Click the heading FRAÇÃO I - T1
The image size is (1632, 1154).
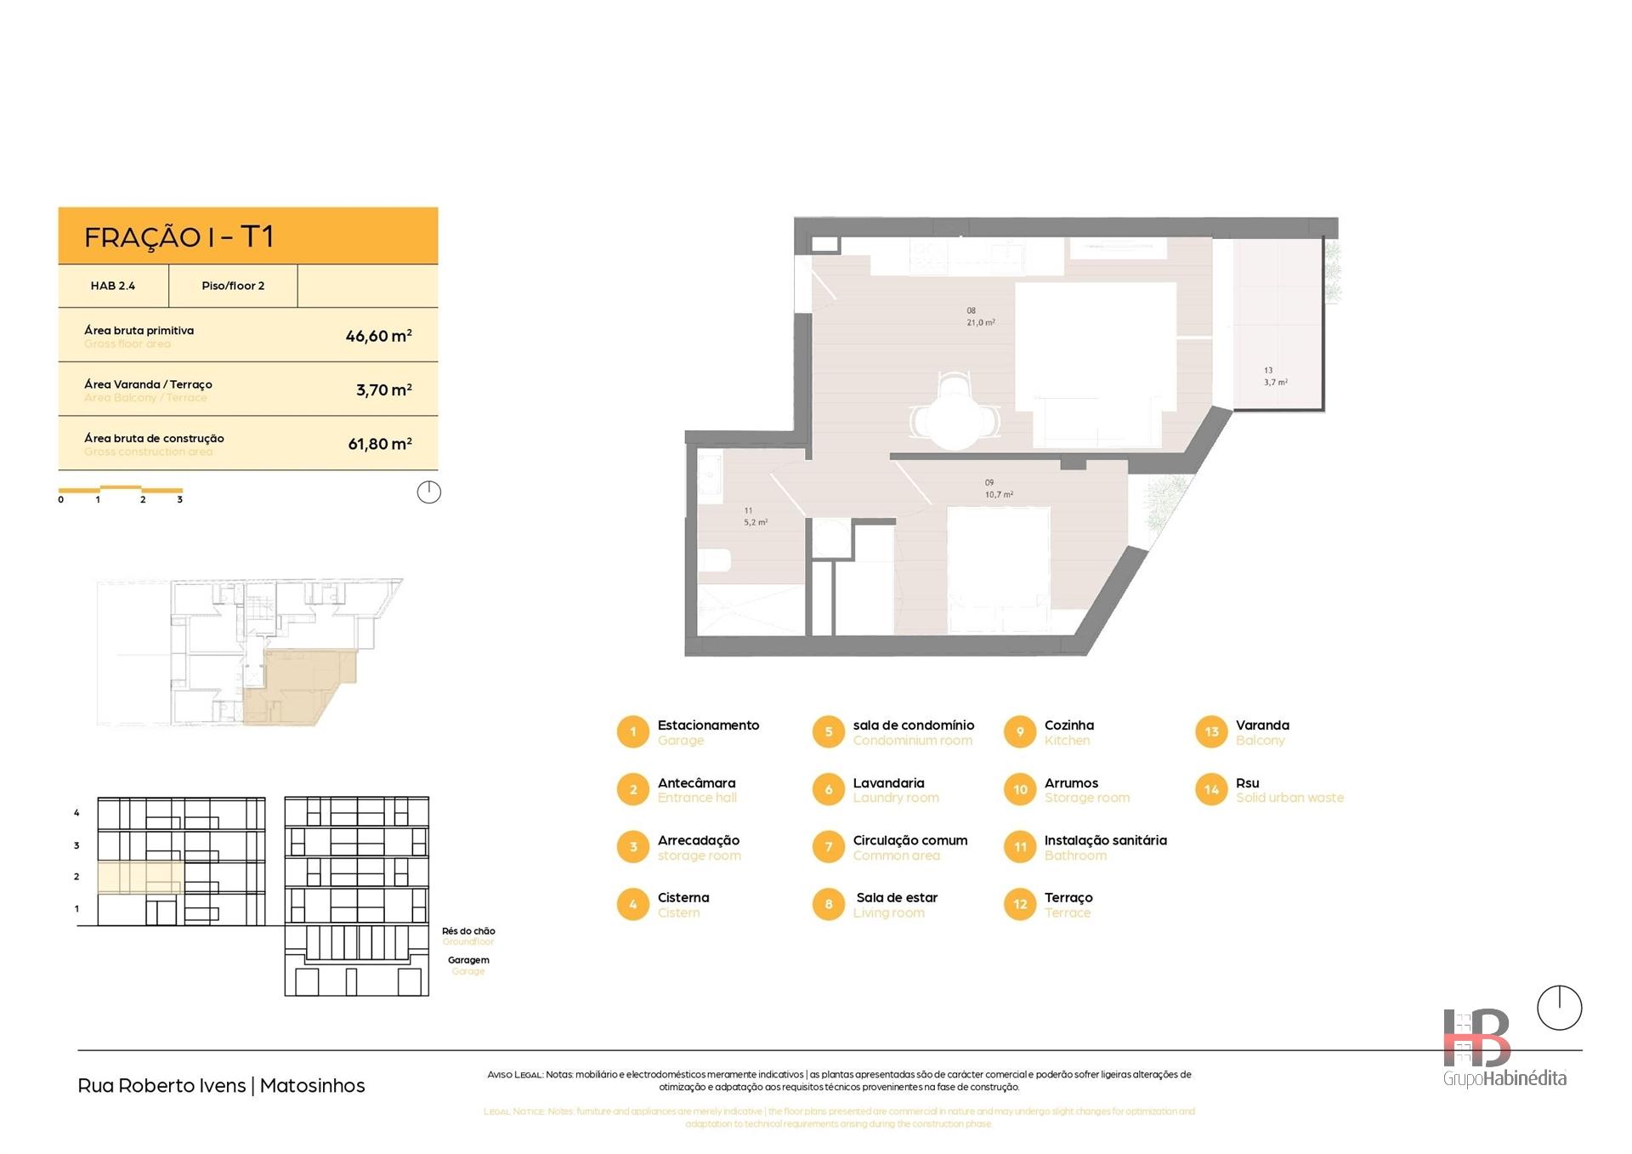click(178, 236)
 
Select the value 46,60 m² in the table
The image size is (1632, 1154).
click(378, 336)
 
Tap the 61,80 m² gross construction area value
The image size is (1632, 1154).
click(379, 444)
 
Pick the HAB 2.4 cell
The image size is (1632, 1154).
click(113, 286)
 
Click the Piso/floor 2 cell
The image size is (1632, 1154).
click(233, 286)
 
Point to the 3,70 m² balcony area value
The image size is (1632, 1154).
click(383, 390)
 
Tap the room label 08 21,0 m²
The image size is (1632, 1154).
click(980, 317)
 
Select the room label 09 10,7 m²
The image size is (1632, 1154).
click(998, 489)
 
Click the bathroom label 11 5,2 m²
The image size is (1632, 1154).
click(755, 517)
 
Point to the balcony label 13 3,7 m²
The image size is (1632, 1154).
click(1275, 377)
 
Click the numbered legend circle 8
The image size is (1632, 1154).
click(829, 904)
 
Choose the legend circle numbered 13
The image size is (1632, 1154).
click(1211, 732)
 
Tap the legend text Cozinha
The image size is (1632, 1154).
click(1068, 725)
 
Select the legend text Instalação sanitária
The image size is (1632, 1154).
click(1105, 840)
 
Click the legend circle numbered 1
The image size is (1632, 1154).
click(632, 732)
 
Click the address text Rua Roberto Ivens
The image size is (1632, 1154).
click(161, 1086)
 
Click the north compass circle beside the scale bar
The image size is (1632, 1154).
click(429, 492)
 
